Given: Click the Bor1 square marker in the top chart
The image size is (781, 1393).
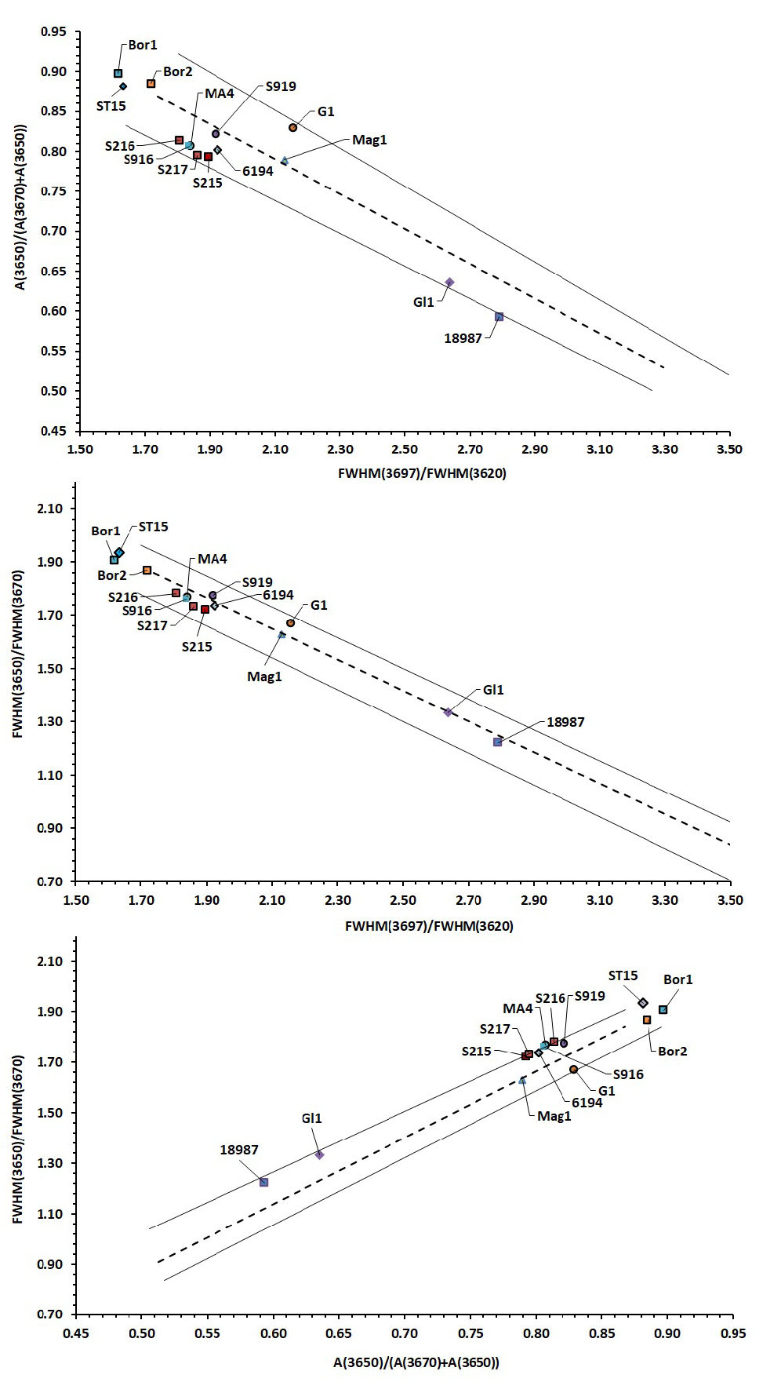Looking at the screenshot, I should (x=118, y=74).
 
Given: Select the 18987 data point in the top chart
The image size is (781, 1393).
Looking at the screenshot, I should (x=499, y=317).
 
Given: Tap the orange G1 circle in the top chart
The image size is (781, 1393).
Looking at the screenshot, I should (x=292, y=127).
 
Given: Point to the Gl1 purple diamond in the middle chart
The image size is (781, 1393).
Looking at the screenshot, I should (x=448, y=712).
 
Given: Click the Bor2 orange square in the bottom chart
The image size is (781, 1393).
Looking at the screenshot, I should (x=647, y=1019).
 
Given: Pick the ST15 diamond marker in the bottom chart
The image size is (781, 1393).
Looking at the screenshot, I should (x=643, y=1003).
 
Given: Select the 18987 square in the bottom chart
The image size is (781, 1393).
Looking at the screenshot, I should (x=263, y=1182).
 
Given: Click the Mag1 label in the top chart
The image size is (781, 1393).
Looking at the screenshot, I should (x=369, y=140).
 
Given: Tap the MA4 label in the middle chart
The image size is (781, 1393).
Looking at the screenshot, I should (x=212, y=559).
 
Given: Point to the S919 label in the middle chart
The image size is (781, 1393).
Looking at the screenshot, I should (x=257, y=582).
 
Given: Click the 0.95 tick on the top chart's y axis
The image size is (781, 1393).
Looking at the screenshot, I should (x=56, y=32).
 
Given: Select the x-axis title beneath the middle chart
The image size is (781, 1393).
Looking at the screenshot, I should (x=429, y=926).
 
